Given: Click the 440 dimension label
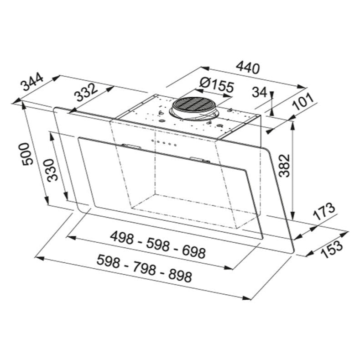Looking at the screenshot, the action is tap(248, 67).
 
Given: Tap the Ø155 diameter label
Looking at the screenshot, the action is tap(217, 85).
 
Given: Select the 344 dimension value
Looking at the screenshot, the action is tap(32, 82).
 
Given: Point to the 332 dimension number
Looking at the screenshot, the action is tap(85, 92).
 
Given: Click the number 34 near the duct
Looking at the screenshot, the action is tap(260, 92).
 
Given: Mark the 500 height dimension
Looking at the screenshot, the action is tap(27, 154).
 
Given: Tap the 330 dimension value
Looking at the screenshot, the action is tap(52, 170).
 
